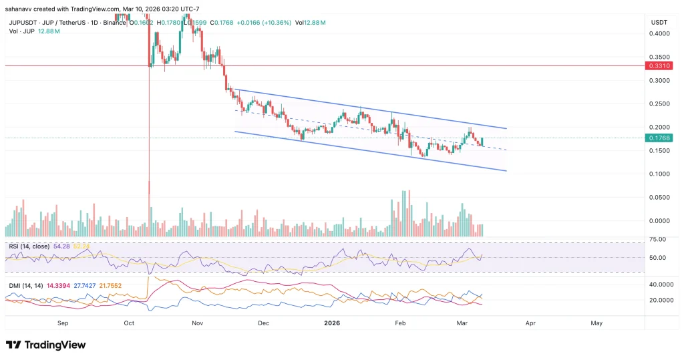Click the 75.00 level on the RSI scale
[x=659, y=239]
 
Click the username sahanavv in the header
[x=19, y=9]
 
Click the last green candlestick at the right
[x=482, y=141]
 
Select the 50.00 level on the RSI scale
[x=659, y=258]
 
